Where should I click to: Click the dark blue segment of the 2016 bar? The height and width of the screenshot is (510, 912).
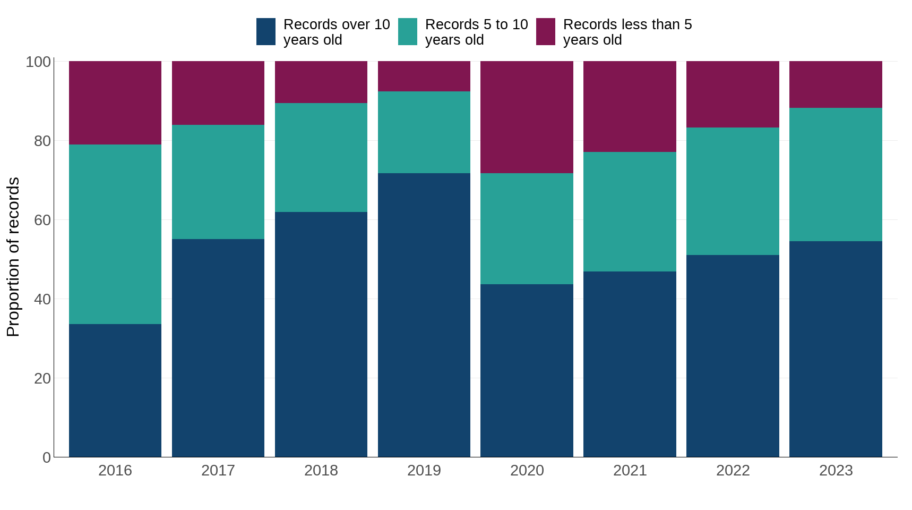coord(115,390)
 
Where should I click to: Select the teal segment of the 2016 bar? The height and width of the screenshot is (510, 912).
coord(115,234)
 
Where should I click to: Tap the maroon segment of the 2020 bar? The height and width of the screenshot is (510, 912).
coord(527,117)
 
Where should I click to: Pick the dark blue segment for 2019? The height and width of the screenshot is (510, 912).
coord(424,315)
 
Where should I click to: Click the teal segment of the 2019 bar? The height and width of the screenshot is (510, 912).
coord(424,132)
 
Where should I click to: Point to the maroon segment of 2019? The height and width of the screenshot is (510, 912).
coord(424,76)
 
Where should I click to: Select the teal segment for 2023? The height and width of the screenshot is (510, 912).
coord(836,175)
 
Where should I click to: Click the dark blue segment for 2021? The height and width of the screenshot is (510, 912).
coord(630,364)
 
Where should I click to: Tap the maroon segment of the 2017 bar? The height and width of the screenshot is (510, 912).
coord(218,93)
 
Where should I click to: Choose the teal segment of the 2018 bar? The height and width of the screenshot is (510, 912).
coord(321,158)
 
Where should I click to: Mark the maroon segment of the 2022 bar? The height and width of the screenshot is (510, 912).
coord(733,94)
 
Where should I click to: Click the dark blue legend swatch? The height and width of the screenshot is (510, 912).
coord(266,32)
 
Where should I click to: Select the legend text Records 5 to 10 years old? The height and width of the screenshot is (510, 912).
coord(476,32)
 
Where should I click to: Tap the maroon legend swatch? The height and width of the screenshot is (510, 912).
coord(546,32)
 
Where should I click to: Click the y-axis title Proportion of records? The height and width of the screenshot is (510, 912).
coord(13,257)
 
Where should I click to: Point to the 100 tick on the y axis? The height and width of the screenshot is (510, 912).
coord(38,62)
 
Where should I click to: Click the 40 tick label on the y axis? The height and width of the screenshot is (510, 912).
coord(42,299)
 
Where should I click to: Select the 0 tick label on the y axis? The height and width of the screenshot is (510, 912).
coord(47,457)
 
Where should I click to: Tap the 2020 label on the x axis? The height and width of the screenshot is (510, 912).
coord(527,471)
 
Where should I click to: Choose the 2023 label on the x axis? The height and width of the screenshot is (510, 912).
coord(836,471)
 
